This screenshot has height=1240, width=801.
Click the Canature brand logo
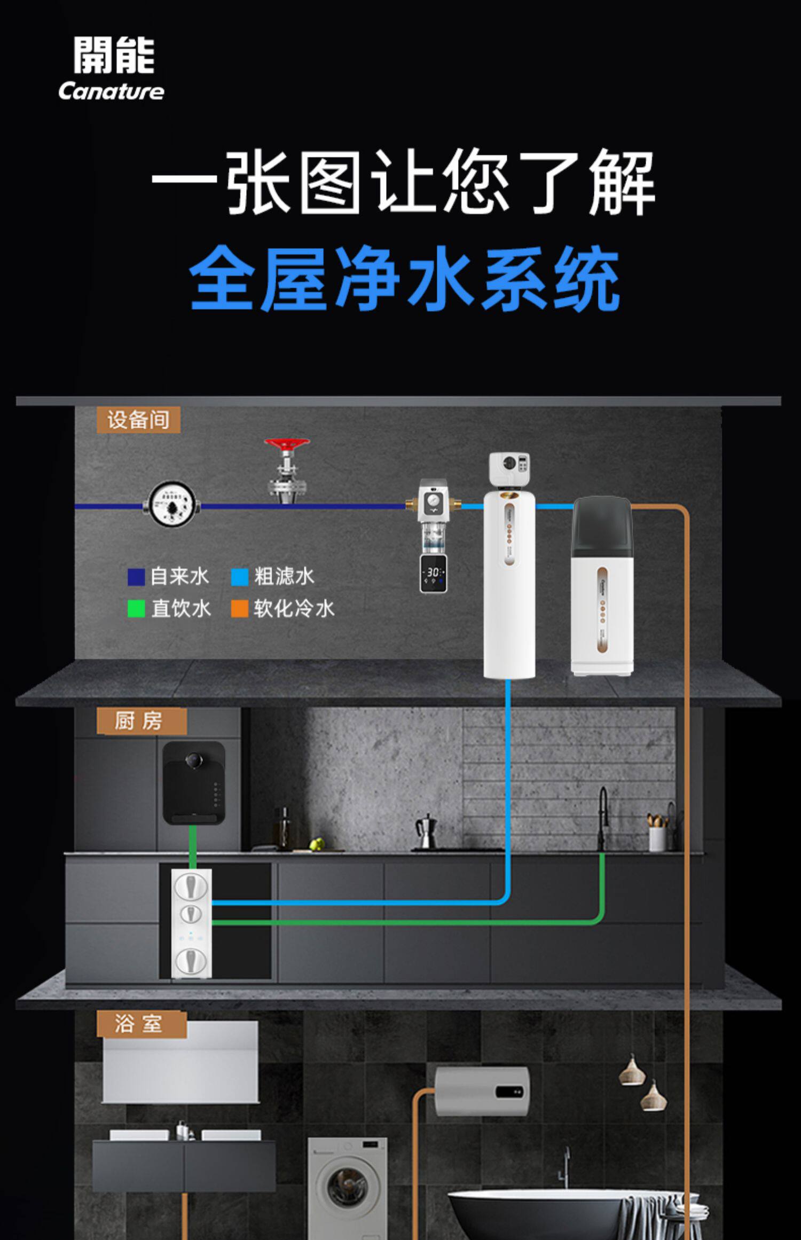point(112,68)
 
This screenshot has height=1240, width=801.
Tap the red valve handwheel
point(287,444)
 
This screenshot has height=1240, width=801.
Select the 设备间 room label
point(138,420)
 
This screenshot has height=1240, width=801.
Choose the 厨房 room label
point(141,721)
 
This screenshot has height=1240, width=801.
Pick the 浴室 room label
point(141,1024)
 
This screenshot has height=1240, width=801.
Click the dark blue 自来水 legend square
point(136,577)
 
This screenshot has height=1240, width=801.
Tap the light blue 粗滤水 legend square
point(240,577)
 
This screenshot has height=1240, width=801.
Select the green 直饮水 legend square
point(136,609)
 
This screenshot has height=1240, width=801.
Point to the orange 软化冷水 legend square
point(240,609)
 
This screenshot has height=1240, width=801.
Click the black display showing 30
point(433,573)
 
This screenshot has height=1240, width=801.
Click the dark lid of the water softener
point(602,524)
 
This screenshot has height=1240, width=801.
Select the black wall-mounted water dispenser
point(193,782)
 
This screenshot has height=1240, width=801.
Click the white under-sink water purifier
point(191,923)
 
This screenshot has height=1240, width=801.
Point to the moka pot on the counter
point(425,831)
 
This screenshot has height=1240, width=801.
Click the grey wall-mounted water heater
point(482,1092)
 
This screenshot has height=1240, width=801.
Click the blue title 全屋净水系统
point(404,278)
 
